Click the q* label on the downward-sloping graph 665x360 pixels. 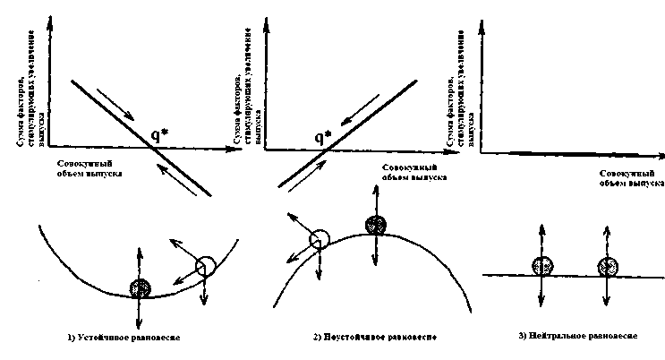click(162, 137)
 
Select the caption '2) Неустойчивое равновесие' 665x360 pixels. click(363, 338)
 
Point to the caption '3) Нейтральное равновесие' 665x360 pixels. click(577, 336)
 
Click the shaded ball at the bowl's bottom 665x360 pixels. click(140, 288)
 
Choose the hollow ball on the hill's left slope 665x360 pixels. click(318, 239)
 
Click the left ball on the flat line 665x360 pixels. click(541, 266)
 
